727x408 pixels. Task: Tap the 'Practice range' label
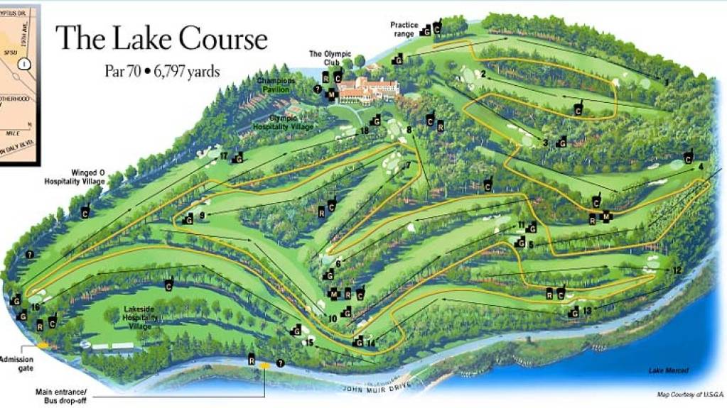[x=404, y=28]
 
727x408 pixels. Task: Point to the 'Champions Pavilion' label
[x=273, y=85]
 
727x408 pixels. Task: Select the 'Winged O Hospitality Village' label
[x=74, y=177]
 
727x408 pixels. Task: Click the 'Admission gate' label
[x=16, y=363]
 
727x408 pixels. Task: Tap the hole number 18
[x=364, y=131]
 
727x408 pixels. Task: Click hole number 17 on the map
[x=223, y=155]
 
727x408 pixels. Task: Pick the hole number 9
[x=202, y=215]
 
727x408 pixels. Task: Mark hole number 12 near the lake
[x=676, y=270]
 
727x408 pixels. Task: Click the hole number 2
[x=483, y=74]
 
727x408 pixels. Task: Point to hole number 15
[x=308, y=343]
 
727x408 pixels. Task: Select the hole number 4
[x=701, y=167]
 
